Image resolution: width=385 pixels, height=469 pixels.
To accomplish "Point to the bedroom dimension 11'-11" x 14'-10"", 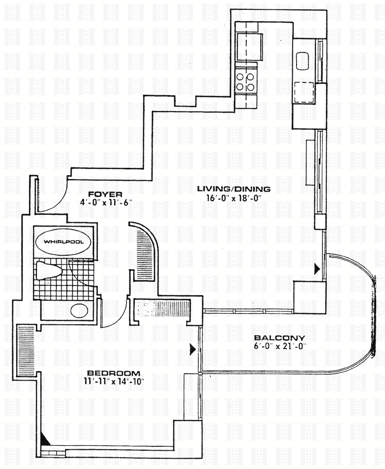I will click(x=113, y=381).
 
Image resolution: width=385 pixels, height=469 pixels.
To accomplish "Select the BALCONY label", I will click(x=279, y=338).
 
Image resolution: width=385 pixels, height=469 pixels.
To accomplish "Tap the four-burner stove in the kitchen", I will click(x=246, y=82).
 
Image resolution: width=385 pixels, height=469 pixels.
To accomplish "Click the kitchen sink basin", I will click(x=303, y=61).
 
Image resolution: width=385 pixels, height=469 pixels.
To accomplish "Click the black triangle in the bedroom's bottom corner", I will click(x=46, y=438).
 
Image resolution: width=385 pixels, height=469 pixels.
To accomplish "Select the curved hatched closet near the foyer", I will click(x=145, y=256).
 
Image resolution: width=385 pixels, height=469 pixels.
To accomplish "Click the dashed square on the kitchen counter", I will click(x=304, y=91).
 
